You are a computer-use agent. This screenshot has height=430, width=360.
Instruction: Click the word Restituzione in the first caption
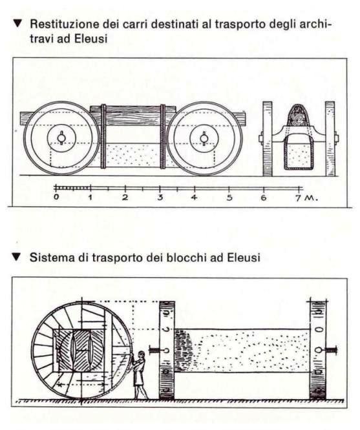pos(64,24)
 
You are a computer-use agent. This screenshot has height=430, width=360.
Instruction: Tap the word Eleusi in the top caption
pos(90,39)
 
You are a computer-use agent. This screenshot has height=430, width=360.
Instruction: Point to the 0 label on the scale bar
pos(56,197)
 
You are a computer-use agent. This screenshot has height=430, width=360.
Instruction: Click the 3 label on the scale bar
pos(160,197)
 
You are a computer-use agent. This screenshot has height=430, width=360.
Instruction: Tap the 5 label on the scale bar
pos(229,197)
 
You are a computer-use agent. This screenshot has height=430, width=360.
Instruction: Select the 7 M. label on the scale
pos(306,198)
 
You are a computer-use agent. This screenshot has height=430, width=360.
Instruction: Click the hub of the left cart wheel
pos(61,138)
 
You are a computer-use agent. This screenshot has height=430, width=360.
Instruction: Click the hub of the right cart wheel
pos(204,138)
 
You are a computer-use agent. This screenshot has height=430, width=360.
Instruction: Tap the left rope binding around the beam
pos(103,136)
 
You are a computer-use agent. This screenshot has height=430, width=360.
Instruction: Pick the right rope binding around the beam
pos(163,136)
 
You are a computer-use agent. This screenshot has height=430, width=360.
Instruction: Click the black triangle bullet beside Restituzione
pos(17,24)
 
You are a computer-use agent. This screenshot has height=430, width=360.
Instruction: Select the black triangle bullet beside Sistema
pos(16,257)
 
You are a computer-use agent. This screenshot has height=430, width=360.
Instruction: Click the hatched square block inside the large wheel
pos(79,351)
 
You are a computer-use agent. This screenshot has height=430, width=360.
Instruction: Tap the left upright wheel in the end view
pos(268,139)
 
